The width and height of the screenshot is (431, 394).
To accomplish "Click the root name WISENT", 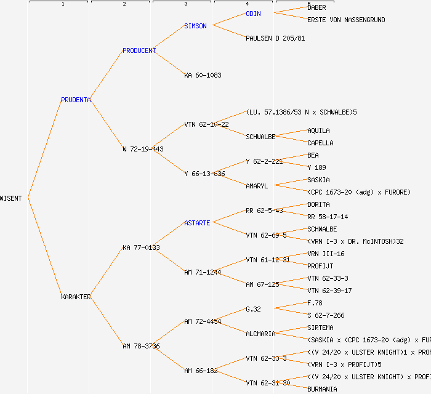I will point(11,198).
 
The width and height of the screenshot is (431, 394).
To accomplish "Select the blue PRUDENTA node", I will point(76,100).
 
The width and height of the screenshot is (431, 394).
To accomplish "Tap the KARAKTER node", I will point(76,297).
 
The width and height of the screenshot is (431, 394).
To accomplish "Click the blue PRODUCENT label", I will point(139,50).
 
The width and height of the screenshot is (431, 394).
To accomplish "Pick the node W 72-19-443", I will point(143,149).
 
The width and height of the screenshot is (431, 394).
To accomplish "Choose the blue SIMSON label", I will point(195,26).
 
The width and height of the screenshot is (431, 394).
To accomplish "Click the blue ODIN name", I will point(253,14).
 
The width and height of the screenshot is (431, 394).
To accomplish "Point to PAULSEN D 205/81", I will point(275,38).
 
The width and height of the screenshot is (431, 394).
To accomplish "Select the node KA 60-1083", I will point(203,75).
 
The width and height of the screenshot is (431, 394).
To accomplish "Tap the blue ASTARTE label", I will point(197,223).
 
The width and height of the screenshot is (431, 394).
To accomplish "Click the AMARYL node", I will point(257,186).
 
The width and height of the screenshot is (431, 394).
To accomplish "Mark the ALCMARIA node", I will point(260,334).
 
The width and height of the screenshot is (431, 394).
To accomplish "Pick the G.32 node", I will point(253,309).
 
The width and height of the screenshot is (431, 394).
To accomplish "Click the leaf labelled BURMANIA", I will point(322,389).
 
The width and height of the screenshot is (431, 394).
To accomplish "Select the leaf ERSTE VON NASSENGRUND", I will point(346,20).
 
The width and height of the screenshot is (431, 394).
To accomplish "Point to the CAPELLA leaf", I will point(320,143).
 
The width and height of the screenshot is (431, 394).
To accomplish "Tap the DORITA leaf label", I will point(318,204).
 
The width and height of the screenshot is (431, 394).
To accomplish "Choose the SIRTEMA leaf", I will point(320,328).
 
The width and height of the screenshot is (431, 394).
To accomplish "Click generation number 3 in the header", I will point(185,4).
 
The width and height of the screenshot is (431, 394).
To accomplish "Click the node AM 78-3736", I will point(141,346).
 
